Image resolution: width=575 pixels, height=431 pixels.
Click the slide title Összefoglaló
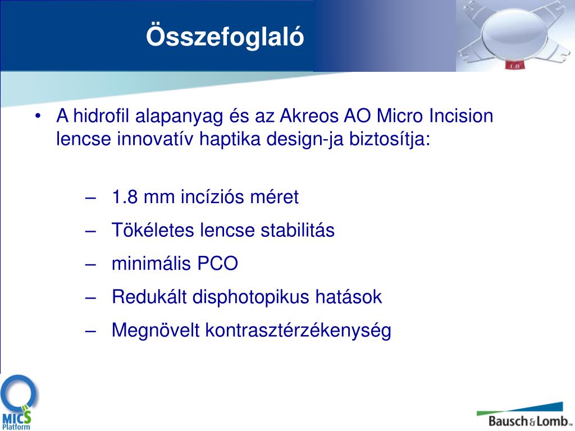[225, 37]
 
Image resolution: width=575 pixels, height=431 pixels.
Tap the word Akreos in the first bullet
[309, 116]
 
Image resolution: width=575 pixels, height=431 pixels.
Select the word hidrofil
[101, 116]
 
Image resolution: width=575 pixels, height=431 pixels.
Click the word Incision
[461, 116]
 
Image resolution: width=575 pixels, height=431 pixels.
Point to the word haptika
[230, 139]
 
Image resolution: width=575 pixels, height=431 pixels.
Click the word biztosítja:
[390, 139]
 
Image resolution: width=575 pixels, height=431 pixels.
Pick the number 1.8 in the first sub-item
[125, 197]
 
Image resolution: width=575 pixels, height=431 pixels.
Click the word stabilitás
[298, 230]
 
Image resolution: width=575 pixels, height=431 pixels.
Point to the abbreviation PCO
[218, 264]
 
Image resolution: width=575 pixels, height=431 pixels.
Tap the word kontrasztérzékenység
[298, 331]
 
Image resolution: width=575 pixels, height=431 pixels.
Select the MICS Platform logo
[19, 402]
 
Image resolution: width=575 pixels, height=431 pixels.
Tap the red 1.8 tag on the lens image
[514, 66]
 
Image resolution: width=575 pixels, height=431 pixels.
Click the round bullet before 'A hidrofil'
[38, 117]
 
